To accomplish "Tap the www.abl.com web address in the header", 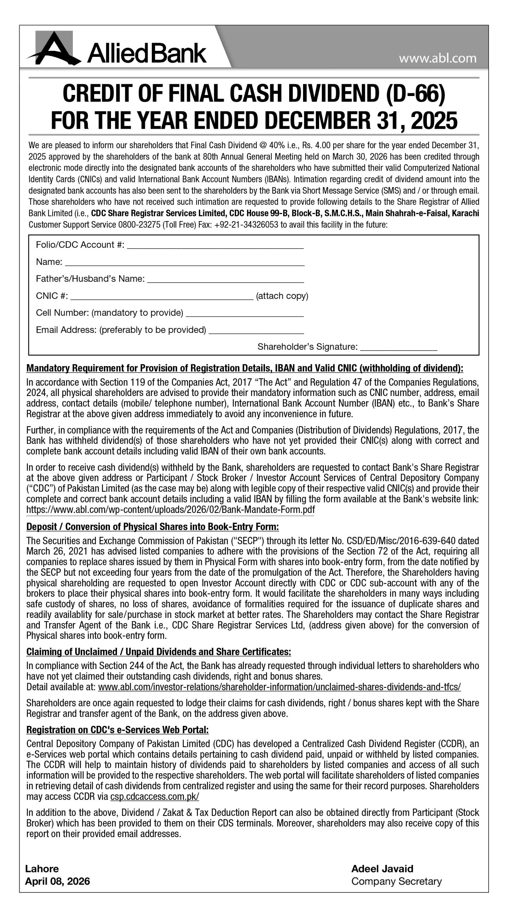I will tap(437, 58).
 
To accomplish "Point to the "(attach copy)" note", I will tap(282, 296).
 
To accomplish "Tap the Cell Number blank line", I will tap(245, 314).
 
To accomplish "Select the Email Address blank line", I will tap(256, 331).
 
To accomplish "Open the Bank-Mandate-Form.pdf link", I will tap(170, 510).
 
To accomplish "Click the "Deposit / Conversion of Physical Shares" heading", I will tap(153, 526).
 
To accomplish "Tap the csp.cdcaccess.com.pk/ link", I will tap(155, 797).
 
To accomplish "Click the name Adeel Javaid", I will tap(382, 869).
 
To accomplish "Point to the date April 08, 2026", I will tap(57, 881).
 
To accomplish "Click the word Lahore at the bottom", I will tap(42, 869).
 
